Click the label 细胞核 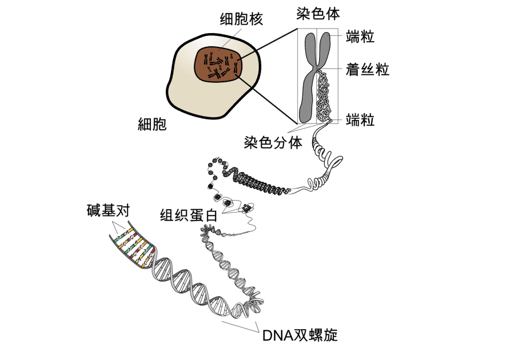pyautogui.click(x=241, y=19)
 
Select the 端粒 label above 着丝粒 pyautogui.click(x=360, y=38)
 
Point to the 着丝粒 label pyautogui.click(x=367, y=70)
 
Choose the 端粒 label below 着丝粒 pyautogui.click(x=360, y=119)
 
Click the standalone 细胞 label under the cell pyautogui.click(x=153, y=124)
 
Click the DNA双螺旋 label pyautogui.click(x=300, y=335)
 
